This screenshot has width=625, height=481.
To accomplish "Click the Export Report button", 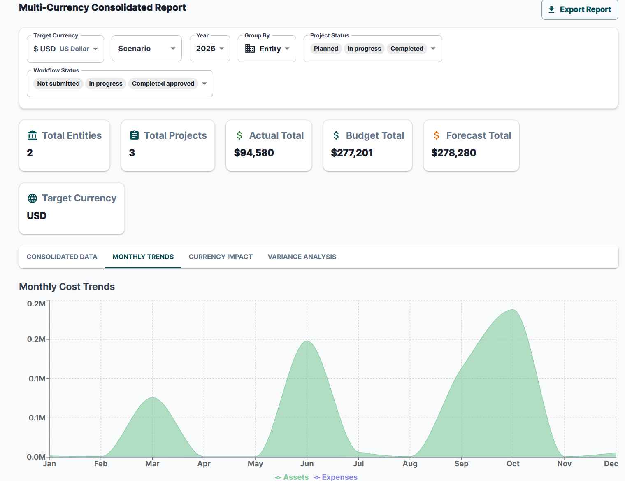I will (580, 9).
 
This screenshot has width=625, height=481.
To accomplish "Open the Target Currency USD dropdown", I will (65, 49).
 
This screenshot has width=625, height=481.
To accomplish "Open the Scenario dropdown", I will (146, 49).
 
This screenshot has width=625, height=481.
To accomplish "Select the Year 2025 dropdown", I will (210, 49).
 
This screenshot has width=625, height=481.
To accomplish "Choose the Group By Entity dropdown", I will (267, 49).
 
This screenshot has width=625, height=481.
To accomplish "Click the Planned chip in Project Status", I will (325, 49).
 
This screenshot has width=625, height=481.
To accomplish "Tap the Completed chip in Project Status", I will (407, 49).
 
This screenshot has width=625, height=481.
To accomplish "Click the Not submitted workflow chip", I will (58, 84).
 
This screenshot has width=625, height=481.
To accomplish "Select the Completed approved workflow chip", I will (163, 84).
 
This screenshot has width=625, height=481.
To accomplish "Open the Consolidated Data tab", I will (62, 257).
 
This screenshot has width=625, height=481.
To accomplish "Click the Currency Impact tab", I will (221, 257).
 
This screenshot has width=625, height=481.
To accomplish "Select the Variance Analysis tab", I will (302, 257).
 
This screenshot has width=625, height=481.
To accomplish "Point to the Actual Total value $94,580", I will (254, 153).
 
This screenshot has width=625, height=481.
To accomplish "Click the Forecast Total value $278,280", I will (453, 153).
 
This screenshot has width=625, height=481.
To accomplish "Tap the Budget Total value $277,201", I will (352, 153).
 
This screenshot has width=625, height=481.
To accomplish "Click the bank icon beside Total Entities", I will (32, 135).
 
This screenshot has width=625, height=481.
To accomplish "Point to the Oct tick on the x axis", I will (513, 463).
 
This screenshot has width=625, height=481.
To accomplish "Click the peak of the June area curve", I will (307, 341).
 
